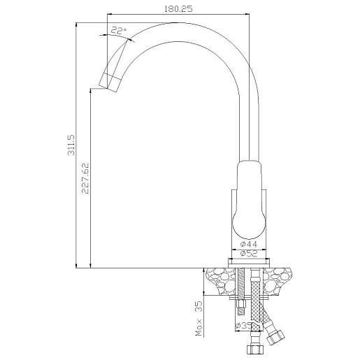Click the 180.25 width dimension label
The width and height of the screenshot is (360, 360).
point(178,9)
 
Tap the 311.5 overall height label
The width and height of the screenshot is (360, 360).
point(71,145)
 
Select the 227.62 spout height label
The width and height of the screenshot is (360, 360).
point(85,178)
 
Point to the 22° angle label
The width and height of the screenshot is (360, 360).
point(118,31)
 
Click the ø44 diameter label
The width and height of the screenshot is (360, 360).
point(249,244)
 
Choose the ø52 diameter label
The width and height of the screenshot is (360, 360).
point(249,253)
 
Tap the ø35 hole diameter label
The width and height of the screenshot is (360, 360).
point(244,326)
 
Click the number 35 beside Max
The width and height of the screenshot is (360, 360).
point(199,307)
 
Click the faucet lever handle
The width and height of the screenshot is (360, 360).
point(249,200)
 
